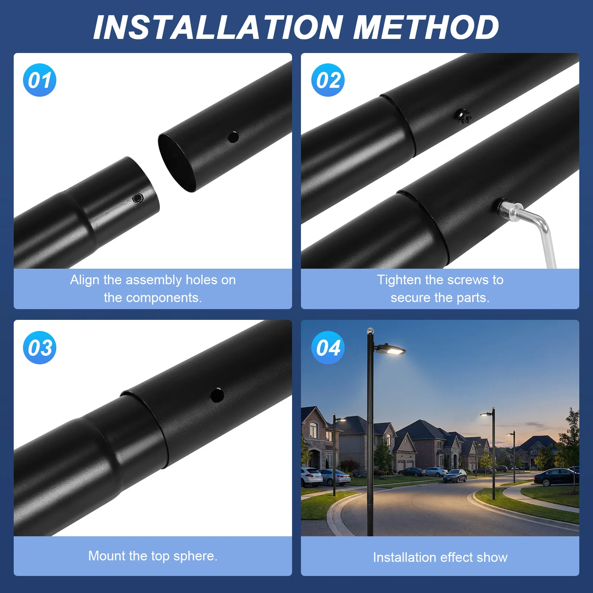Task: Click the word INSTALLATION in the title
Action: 218,27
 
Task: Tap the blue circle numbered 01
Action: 40,80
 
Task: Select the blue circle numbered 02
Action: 328,80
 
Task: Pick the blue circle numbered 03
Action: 40,348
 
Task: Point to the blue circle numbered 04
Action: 328,348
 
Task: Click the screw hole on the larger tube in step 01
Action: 233,137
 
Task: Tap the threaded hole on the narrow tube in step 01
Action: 138,198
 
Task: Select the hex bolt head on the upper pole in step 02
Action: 463,117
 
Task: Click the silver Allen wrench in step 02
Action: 537,230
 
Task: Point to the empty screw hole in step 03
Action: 217,395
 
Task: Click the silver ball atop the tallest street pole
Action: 370,331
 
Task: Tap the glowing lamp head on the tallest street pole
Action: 391,349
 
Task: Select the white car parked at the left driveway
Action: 311,476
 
